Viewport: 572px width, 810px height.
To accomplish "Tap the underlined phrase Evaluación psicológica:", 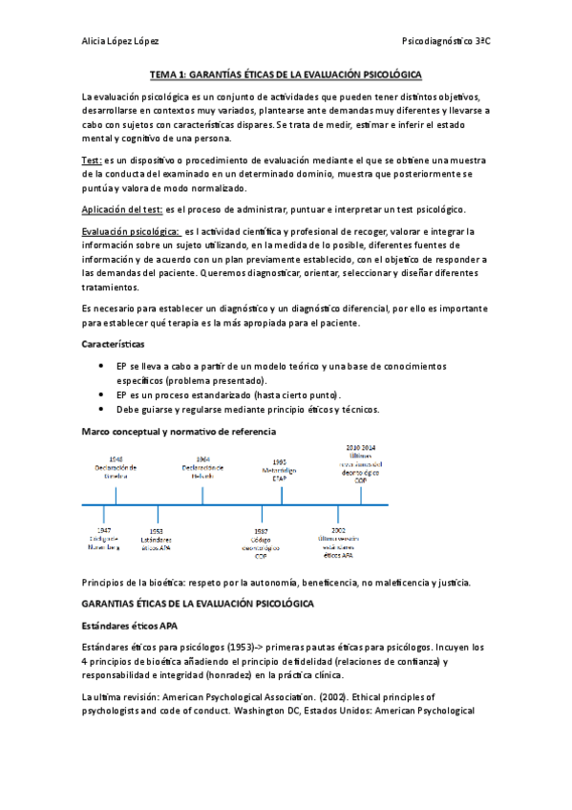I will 130,232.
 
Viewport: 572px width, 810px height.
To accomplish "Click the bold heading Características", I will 113,341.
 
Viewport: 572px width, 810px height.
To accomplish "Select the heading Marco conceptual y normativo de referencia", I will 179,432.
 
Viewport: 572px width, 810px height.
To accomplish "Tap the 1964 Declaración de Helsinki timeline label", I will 202,466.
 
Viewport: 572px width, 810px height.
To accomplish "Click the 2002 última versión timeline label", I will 338,542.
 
